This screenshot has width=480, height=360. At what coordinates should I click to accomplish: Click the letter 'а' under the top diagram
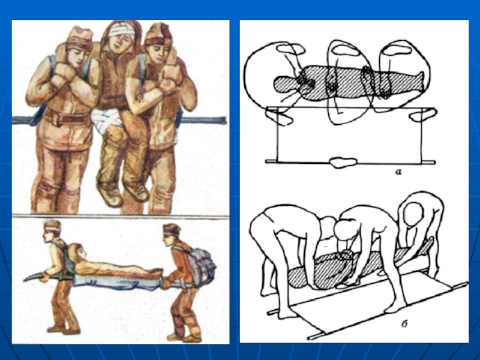[x=398, y=172]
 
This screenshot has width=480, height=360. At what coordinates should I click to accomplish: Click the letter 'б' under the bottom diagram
[x=404, y=323]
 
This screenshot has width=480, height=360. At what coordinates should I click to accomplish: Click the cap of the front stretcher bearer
[x=52, y=226]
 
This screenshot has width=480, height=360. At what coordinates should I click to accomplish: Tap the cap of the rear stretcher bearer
[x=172, y=229]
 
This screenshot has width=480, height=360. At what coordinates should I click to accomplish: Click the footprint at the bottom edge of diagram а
[x=344, y=162]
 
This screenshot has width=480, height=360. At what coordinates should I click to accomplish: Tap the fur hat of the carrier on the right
[x=158, y=35]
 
